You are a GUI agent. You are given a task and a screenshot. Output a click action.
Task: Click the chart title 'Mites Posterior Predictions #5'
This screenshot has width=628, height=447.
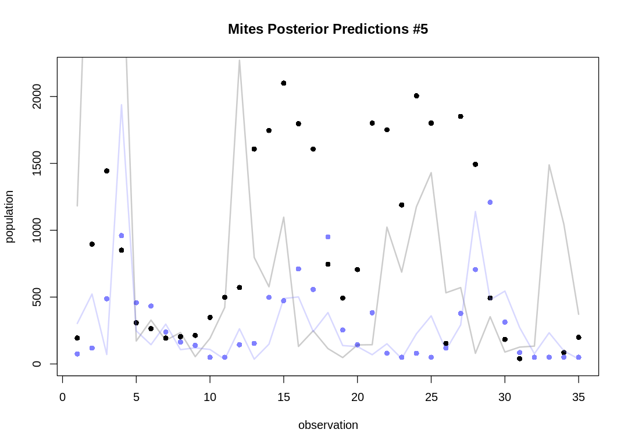coord(328,29)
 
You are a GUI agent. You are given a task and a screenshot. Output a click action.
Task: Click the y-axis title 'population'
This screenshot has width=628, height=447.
coord(10,216)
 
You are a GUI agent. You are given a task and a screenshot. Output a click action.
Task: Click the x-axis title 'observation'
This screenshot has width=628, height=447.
coord(328,425)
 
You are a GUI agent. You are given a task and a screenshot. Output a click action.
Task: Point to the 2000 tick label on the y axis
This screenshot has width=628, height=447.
coord(37,96)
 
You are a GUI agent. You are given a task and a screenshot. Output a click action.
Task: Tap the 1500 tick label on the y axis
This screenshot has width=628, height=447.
coord(37,164)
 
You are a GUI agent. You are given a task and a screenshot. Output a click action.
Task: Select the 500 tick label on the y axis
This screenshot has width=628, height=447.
coord(37,297)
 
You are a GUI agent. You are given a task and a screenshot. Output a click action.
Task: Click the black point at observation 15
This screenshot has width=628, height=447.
coord(284,83)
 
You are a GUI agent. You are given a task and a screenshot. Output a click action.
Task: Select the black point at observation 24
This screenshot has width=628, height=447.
coord(416,95)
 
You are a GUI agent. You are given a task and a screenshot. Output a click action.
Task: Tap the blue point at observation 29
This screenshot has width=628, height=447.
coord(490,202)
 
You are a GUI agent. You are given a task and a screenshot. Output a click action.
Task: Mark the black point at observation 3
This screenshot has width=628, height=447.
coord(106,171)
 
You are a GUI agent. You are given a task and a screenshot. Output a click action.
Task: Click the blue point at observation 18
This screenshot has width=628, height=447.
coord(328,237)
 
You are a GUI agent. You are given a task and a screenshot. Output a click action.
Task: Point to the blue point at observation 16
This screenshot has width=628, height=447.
coord(298,269)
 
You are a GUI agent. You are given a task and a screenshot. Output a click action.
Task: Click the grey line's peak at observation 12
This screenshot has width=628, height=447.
coord(240,61)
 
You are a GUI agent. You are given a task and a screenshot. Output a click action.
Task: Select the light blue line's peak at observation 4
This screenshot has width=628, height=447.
coord(122,105)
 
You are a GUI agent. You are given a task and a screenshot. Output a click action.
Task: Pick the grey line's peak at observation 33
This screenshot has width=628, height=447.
coord(549,165)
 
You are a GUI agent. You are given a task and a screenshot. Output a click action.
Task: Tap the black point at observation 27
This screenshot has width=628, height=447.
coord(461,116)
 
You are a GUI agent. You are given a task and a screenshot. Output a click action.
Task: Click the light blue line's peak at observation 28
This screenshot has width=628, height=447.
coord(476,212)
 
